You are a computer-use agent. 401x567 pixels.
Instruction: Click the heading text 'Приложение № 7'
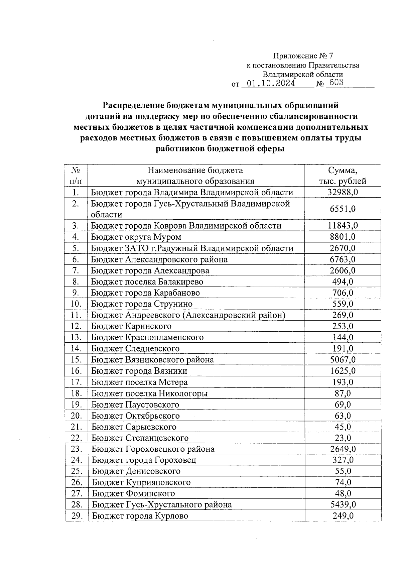[x=303, y=56]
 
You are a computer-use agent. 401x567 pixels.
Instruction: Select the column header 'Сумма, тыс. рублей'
[x=343, y=176]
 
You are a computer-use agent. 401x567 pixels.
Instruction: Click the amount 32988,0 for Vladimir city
[x=343, y=192]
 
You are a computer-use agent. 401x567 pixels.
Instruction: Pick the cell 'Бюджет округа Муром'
[x=136, y=237]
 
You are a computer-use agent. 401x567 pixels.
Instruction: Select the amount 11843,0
[x=343, y=226]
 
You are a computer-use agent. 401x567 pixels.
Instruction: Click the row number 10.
[x=76, y=304]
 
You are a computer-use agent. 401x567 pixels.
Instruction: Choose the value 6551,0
[x=343, y=209]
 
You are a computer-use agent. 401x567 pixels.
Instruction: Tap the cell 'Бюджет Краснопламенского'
[x=147, y=337]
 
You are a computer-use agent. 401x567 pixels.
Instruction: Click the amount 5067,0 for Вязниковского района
[x=343, y=360]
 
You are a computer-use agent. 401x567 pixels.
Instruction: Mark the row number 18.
[x=76, y=393]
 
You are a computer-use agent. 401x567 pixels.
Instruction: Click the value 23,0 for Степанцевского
[x=343, y=438]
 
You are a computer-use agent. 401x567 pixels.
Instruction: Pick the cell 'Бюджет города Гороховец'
[x=144, y=460]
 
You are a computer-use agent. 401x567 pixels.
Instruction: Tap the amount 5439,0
[x=343, y=504]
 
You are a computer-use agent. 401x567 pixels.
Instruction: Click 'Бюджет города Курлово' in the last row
[x=140, y=516]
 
